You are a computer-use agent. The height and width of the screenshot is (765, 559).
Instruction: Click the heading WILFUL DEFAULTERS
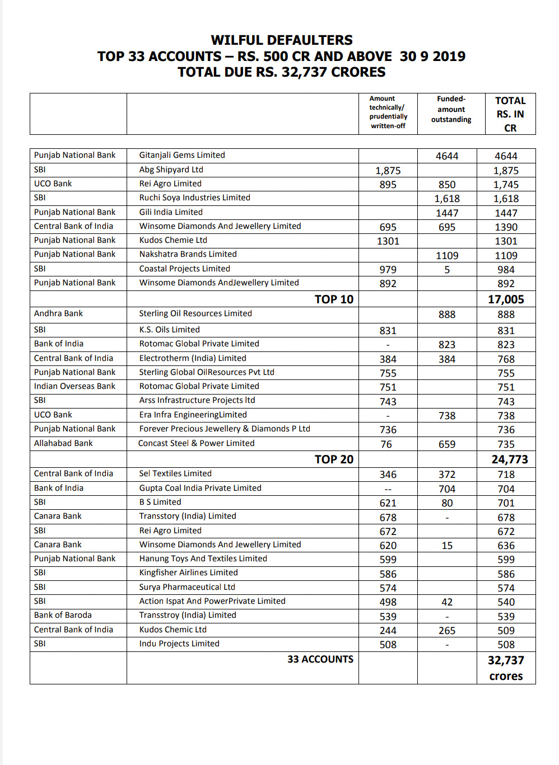(x=282, y=40)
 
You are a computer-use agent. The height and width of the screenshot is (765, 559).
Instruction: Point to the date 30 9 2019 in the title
(x=432, y=57)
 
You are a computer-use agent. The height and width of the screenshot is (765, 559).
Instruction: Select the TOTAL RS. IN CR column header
(x=510, y=114)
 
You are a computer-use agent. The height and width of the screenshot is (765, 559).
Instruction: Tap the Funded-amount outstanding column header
(x=451, y=109)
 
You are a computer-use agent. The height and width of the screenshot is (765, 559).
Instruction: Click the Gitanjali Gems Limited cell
(x=182, y=155)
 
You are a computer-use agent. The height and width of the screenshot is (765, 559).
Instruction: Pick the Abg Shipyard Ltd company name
(x=171, y=170)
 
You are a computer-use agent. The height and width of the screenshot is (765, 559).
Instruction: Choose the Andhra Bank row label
(x=58, y=313)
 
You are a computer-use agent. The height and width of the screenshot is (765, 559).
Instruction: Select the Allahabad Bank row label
(x=63, y=443)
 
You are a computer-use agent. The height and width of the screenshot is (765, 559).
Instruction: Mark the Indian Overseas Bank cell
(x=74, y=386)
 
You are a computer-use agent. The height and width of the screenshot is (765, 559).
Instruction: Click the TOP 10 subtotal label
(x=334, y=299)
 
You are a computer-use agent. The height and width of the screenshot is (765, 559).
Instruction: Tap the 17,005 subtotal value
(x=506, y=299)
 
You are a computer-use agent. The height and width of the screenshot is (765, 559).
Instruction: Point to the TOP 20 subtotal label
(x=334, y=459)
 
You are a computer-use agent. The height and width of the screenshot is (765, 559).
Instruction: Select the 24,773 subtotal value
(x=510, y=459)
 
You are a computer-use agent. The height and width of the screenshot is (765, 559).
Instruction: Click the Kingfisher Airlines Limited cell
(x=188, y=572)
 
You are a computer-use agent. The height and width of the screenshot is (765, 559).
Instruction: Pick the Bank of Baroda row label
(x=63, y=615)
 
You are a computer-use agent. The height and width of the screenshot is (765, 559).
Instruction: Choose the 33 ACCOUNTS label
(x=320, y=659)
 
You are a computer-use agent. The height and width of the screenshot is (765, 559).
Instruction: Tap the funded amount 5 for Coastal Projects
(x=447, y=270)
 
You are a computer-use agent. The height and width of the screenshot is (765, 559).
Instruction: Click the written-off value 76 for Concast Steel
(x=386, y=444)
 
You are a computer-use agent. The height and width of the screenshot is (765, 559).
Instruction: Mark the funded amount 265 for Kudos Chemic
(x=447, y=631)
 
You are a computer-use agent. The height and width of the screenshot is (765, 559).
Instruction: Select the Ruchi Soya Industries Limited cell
(x=194, y=198)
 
